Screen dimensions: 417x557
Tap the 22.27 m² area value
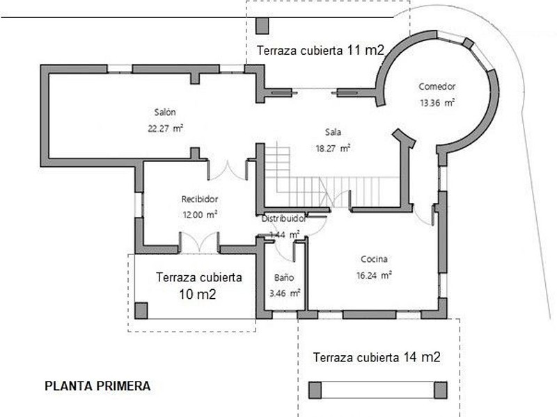click(165, 128)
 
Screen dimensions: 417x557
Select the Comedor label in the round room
click(437, 87)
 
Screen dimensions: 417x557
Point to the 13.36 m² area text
click(437, 103)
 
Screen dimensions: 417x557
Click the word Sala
click(332, 132)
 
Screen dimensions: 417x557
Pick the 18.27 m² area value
click(332, 147)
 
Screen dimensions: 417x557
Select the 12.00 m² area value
click(200, 215)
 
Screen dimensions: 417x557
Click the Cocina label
click(374, 259)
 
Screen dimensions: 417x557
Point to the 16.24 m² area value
click(374, 275)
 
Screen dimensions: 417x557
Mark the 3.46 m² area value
click(284, 293)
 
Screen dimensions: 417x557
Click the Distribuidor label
click(284, 218)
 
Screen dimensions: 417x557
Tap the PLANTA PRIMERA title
click(97, 386)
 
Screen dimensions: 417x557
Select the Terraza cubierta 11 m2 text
click(320, 50)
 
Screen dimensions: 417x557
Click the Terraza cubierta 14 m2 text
click(377, 358)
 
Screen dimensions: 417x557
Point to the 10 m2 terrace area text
click(198, 294)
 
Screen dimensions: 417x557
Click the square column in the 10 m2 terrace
click(141, 310)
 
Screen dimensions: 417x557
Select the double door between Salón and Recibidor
click(228, 170)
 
